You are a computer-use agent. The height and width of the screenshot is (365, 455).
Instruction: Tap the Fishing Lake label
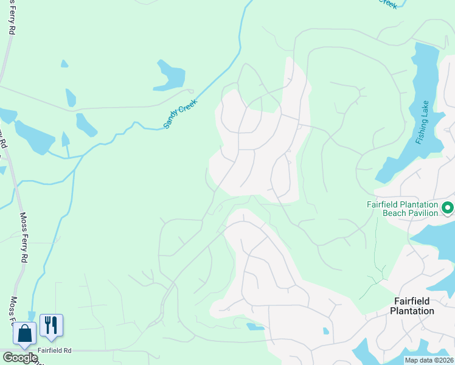click(x=423, y=122)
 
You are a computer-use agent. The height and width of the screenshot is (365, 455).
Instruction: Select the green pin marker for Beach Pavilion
click(x=448, y=208)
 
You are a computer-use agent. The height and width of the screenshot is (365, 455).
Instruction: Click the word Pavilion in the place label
click(x=420, y=214)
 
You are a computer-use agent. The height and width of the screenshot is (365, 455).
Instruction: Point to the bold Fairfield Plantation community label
click(x=414, y=306)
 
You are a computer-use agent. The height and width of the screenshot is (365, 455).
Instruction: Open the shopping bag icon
click(x=24, y=334)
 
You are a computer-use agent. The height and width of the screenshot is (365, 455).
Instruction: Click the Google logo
click(x=19, y=358)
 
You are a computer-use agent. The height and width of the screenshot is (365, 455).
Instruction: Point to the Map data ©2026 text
click(x=429, y=360)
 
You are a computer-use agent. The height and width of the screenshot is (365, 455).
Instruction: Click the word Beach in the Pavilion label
click(x=396, y=214)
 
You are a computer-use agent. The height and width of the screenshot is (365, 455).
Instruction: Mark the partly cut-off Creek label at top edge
click(x=387, y=3)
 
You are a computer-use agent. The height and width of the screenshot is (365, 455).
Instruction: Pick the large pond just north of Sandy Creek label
click(x=169, y=76)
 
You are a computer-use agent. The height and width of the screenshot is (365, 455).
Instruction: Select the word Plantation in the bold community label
click(x=414, y=311)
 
